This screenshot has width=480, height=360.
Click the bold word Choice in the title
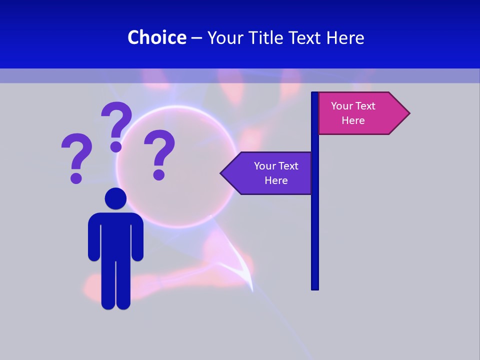click(x=156, y=37)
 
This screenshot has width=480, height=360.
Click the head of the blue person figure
click(x=115, y=198)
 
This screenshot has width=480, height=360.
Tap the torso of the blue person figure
click(x=115, y=235)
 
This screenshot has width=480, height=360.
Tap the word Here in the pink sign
click(x=353, y=120)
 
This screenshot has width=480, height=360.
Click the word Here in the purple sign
click(x=276, y=180)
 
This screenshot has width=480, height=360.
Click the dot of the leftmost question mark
click(x=76, y=177)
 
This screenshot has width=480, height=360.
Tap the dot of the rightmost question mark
click(x=159, y=174)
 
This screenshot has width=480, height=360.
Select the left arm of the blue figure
click(x=93, y=240)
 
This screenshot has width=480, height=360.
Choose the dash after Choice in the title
click(x=196, y=38)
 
